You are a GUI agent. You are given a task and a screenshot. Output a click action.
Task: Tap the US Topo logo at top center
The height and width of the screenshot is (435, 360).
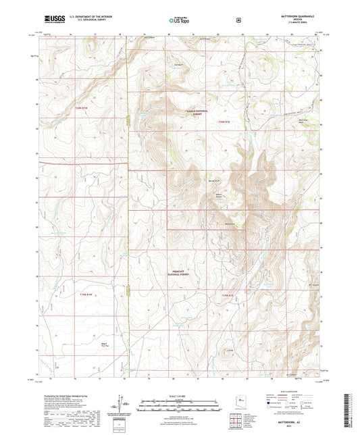(180, 21)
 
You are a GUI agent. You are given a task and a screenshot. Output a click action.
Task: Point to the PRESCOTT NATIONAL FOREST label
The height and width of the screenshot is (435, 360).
(181, 271)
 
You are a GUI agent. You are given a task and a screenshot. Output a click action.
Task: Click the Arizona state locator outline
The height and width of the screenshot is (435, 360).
(240, 400)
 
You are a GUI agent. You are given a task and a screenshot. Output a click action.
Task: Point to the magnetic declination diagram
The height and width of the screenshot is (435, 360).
(122, 405)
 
